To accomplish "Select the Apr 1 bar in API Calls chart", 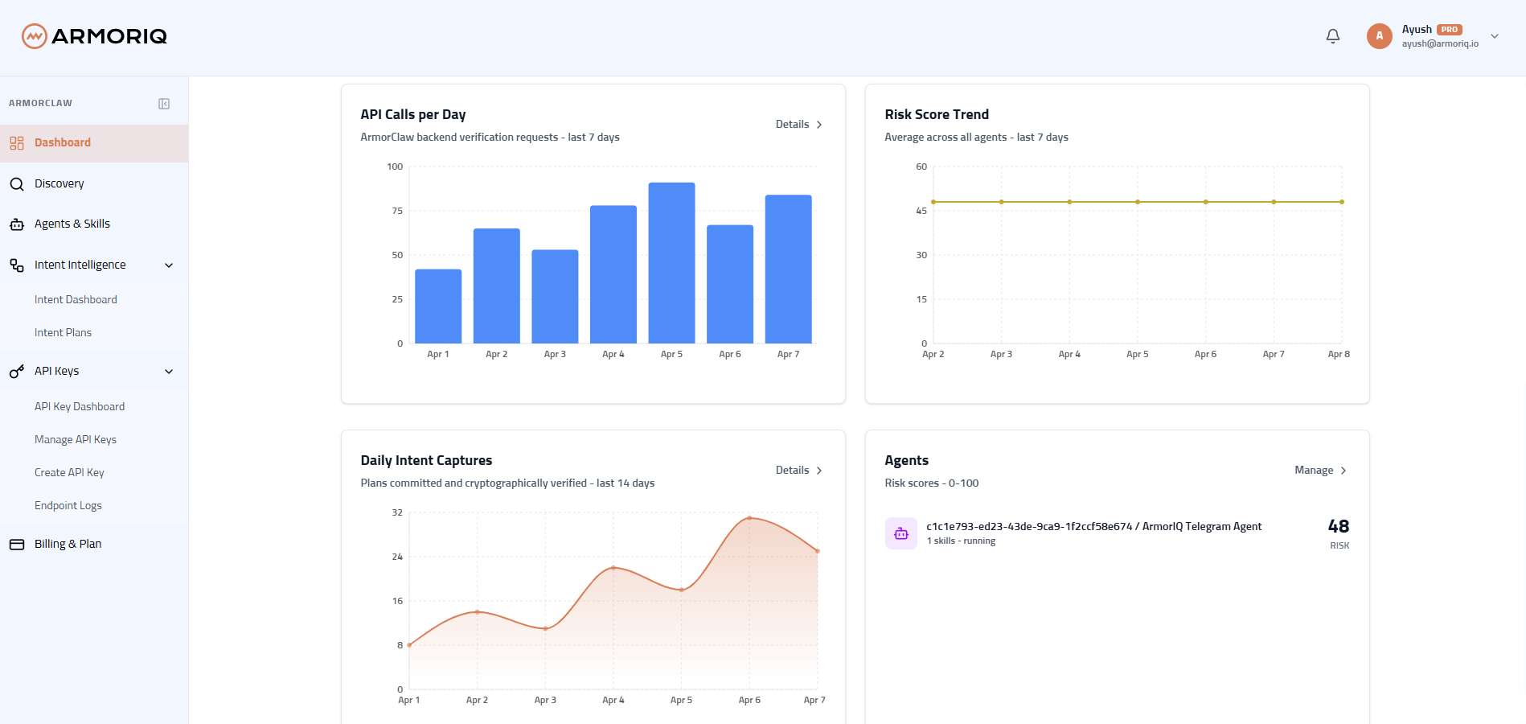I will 438,306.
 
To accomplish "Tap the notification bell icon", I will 1333,36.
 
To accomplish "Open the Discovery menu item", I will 59,183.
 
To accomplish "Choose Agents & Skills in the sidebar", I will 72,224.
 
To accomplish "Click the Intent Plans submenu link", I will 63,332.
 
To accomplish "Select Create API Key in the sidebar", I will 69,472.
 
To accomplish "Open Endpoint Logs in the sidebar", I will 68,505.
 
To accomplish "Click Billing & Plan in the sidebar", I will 68,544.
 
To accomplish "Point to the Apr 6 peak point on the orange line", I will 749,518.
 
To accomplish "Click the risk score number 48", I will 1339,526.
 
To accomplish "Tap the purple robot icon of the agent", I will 900,533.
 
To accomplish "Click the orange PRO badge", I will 1450,30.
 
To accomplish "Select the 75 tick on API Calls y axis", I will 397,211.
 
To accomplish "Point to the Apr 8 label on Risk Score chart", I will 1339,354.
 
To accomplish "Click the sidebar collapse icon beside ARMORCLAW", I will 164,104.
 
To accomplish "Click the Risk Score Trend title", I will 937,114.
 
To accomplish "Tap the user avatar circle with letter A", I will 1379,36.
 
